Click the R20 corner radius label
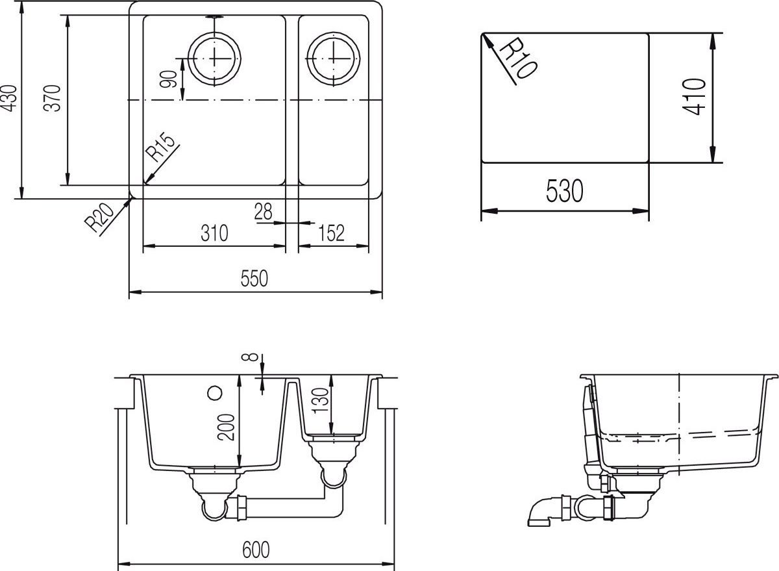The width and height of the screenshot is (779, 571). coord(101,218)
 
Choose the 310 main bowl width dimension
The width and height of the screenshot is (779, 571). coord(214,233)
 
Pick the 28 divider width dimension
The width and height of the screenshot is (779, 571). coord(263,211)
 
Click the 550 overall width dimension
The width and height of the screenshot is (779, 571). coord(254,279)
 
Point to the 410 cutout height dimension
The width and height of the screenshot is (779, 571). coord(695,96)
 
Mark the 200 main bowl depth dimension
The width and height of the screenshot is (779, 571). coord(227,427)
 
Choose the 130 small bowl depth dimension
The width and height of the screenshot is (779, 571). coord(319,404)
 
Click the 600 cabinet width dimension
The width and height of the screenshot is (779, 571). coord(256,550)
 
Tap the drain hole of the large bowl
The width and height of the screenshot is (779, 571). coord(214,55)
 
